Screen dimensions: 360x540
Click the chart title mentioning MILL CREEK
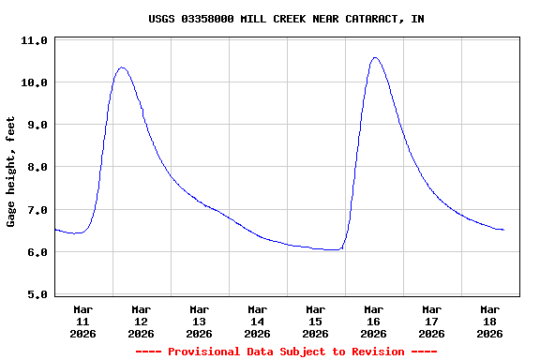(x=286, y=19)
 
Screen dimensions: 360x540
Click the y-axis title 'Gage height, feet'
(x=11, y=172)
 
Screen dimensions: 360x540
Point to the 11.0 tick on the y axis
(x=34, y=41)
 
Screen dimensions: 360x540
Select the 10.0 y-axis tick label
(x=34, y=83)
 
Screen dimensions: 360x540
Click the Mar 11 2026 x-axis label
(x=82, y=321)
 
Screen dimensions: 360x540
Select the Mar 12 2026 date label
(x=141, y=321)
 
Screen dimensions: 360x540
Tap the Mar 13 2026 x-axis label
(x=199, y=321)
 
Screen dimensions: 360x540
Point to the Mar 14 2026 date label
(x=257, y=321)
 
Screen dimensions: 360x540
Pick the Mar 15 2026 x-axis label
(x=315, y=321)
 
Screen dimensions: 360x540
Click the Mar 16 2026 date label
(x=373, y=321)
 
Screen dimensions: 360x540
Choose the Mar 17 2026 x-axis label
(x=431, y=321)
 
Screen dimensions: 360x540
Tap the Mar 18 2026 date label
(x=489, y=321)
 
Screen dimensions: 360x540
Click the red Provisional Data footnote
(x=286, y=352)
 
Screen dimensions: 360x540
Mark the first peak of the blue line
(x=122, y=67)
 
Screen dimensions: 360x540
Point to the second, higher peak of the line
(x=375, y=57)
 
